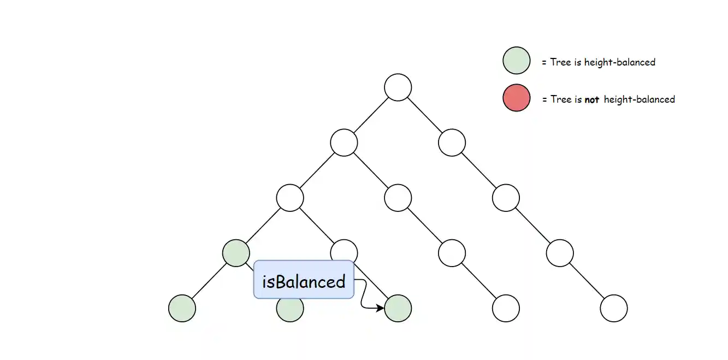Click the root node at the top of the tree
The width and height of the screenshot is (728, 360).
point(398,87)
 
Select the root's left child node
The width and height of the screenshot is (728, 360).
point(344,143)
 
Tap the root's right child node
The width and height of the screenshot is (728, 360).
point(452,143)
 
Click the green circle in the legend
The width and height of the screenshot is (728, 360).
point(516,60)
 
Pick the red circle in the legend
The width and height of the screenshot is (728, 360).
point(516,98)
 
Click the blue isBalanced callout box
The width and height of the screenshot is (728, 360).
point(304,280)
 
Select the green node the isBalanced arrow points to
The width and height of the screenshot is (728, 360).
point(398,309)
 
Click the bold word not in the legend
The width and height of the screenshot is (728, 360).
point(592,100)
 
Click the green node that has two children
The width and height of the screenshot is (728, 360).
point(236,253)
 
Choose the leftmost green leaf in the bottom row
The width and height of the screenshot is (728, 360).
point(182,309)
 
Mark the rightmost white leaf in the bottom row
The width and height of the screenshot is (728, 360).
point(614,309)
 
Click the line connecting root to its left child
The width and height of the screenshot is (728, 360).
point(371,115)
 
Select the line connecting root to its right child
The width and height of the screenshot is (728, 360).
point(424,115)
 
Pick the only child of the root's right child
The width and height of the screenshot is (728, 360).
point(506,198)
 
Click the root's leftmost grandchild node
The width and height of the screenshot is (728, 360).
point(290,198)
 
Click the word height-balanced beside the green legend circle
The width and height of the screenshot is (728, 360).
point(619,62)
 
